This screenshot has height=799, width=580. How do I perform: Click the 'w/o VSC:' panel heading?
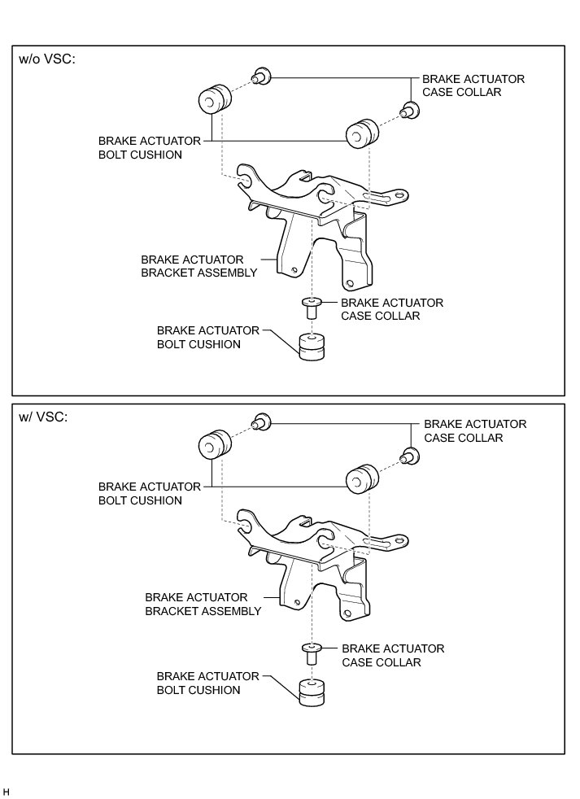click(x=47, y=61)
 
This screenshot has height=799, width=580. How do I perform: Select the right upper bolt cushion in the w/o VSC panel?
click(x=364, y=133)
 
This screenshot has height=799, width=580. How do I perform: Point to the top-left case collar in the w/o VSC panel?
click(x=262, y=77)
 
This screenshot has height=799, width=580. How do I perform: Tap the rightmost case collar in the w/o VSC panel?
click(x=410, y=111)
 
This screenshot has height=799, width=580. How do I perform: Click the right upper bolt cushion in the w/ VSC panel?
click(x=363, y=479)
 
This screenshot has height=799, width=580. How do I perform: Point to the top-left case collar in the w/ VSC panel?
click(x=262, y=422)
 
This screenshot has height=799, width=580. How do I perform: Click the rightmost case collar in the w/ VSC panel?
click(x=410, y=456)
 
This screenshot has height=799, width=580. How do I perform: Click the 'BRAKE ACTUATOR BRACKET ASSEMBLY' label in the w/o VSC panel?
click(x=199, y=267)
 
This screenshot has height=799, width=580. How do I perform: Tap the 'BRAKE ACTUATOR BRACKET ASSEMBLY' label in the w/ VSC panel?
click(x=203, y=605)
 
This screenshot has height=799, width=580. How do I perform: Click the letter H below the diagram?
click(x=7, y=791)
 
